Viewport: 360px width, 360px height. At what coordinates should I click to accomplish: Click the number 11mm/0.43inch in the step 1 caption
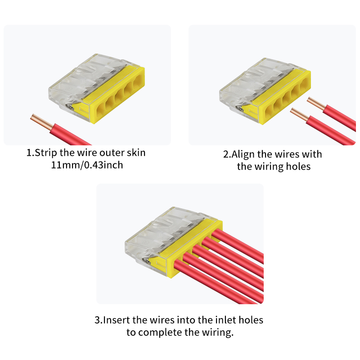coord(87,165)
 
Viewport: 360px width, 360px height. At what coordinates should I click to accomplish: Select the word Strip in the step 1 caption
coord(46,153)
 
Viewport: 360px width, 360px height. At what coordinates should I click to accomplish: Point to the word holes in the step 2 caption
coord(298,166)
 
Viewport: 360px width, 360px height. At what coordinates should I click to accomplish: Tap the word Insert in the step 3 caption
coord(117,320)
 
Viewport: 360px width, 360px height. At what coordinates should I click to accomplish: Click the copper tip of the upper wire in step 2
coord(316,103)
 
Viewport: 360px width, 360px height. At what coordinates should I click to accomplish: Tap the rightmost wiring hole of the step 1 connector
coord(138,82)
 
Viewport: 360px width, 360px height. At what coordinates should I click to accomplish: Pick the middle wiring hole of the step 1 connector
coord(119,96)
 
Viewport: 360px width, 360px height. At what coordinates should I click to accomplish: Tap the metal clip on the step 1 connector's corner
coord(69,106)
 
